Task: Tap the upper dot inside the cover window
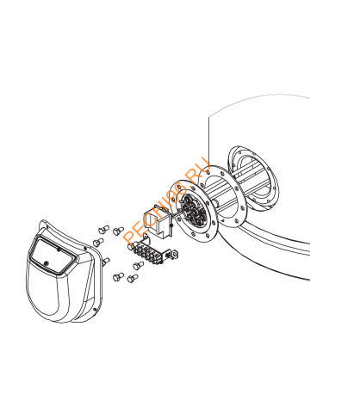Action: [x=59, y=250]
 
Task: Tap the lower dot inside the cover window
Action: [x=47, y=262]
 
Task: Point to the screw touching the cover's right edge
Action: [x=106, y=262]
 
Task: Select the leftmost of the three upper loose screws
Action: [x=98, y=243]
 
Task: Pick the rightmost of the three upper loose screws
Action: [x=118, y=231]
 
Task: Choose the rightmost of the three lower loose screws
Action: [x=139, y=266]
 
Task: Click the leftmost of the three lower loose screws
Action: [x=119, y=277]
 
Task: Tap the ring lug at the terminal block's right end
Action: [x=173, y=254]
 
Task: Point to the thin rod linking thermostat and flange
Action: [x=176, y=213]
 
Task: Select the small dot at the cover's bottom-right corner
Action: [x=95, y=309]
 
